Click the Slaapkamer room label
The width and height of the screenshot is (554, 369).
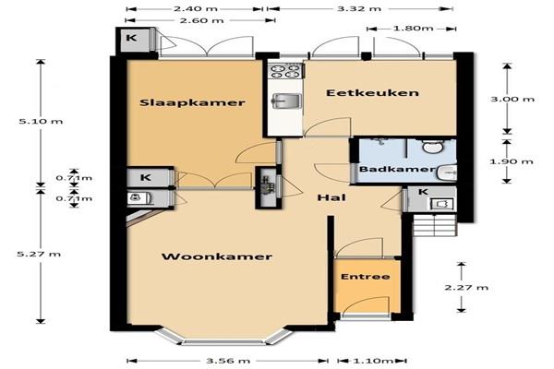[192, 102]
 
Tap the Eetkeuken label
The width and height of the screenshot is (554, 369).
[372, 93]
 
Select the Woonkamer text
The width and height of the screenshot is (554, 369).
[217, 256]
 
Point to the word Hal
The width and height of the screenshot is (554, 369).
[331, 197]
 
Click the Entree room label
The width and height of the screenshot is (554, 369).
[366, 277]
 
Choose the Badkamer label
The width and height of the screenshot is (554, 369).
[397, 169]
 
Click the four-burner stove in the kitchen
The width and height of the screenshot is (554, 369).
[285, 70]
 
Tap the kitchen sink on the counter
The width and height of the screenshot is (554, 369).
[286, 101]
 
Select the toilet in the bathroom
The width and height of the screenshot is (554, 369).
[433, 146]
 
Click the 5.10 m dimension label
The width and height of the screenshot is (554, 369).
[41, 121]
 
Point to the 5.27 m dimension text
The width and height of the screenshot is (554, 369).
[39, 254]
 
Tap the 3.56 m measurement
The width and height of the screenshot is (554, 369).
[228, 361]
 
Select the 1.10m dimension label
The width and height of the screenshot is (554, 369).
[373, 361]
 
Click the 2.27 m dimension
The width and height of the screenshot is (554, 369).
[466, 288]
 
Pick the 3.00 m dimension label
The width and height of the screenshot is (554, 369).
[512, 100]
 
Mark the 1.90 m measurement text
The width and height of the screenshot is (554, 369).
[512, 161]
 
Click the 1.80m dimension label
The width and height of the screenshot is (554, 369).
[414, 29]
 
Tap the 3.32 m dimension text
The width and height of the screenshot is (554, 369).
[359, 9]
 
